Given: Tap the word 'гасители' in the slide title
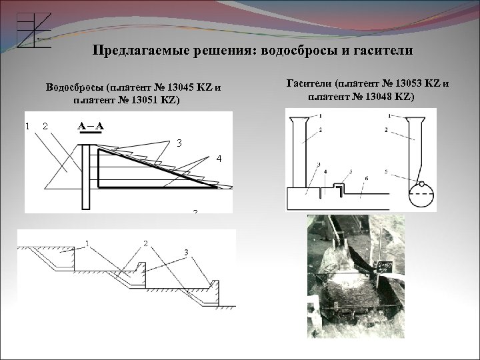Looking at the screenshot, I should point(387,51).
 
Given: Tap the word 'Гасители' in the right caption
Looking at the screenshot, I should point(310,84).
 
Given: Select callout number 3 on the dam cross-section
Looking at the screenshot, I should point(178,143).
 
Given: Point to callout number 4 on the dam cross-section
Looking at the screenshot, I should point(218,159).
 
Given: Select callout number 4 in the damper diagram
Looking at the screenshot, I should point(325,171).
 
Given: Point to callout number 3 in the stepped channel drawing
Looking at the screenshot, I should point(186,251).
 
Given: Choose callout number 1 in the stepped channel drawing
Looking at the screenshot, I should point(87,244).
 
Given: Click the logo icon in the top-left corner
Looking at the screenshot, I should point(33,30).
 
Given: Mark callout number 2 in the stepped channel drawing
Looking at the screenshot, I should point(145,244).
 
